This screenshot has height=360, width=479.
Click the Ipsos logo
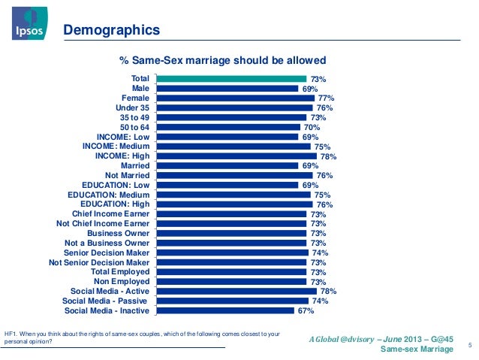click(x=26, y=26)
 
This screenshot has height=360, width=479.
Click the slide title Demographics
click(x=112, y=31)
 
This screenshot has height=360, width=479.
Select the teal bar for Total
click(x=230, y=78)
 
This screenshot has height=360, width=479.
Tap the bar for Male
click(x=227, y=88)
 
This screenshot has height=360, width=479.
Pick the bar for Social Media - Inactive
click(x=224, y=310)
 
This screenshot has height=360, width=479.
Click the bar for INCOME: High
click(x=236, y=156)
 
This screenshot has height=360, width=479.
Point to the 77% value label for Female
click(x=325, y=98)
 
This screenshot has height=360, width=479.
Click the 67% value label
click(x=305, y=310)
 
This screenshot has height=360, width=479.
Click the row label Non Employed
click(x=122, y=281)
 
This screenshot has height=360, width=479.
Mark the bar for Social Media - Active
click(x=236, y=290)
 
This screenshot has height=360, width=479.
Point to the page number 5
click(x=469, y=345)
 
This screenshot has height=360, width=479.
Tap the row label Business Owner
click(x=119, y=233)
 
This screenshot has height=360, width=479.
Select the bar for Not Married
click(x=234, y=175)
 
